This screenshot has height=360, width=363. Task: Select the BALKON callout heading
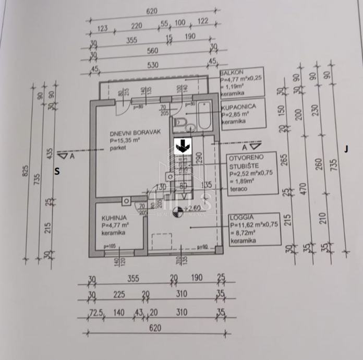point(232,74)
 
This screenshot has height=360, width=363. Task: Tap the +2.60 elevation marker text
point(193,207)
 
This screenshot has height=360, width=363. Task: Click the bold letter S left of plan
point(57,171)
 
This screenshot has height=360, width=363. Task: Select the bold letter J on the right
point(346,149)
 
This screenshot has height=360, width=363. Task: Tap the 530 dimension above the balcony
point(152,65)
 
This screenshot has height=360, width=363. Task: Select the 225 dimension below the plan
point(119,295)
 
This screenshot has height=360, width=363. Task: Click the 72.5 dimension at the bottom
point(94,314)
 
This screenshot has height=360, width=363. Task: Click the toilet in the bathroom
point(181,123)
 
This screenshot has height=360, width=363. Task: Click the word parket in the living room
point(118,148)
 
